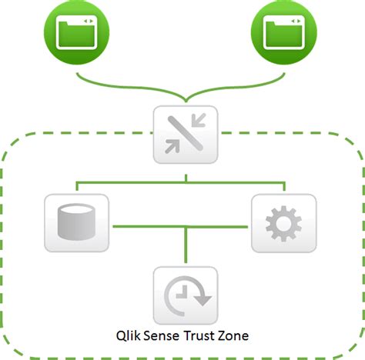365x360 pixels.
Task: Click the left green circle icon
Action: (76, 33)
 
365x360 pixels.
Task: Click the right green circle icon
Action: (286, 33)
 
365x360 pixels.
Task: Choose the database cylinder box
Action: (77, 223)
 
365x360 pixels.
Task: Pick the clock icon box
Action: (184, 295)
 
